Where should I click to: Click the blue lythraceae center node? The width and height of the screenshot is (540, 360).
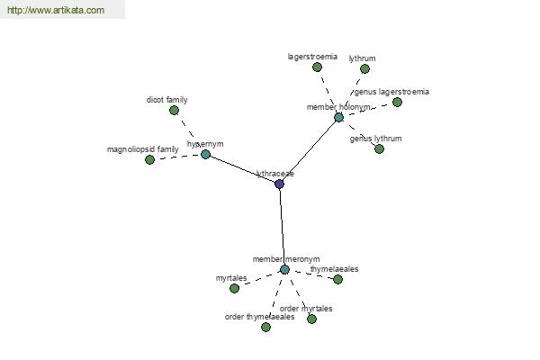click(279, 184)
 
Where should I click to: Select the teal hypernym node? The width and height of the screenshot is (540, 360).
click(205, 154)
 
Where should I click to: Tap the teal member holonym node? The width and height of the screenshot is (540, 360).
click(339, 118)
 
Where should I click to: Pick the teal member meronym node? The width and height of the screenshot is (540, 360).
click(284, 269)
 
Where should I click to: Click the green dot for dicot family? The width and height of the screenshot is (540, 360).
click(175, 110)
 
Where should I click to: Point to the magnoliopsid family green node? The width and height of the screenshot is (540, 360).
click(149, 159)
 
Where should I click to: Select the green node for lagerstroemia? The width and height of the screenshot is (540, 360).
click(317, 67)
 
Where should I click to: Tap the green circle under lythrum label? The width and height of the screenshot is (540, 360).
click(364, 69)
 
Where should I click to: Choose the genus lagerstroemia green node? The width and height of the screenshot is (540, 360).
click(397, 102)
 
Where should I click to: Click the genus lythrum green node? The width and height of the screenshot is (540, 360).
click(379, 148)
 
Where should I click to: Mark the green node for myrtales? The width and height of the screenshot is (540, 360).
click(234, 288)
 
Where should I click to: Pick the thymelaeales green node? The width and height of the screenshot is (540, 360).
click(337, 279)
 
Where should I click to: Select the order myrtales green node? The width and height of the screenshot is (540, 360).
click(311, 319)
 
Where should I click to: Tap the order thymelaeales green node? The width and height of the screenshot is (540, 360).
click(265, 327)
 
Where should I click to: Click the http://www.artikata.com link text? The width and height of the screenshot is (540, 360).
click(56, 10)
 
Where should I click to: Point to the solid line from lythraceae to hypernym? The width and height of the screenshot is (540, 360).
click(242, 169)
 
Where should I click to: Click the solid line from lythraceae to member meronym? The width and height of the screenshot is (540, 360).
click(282, 227)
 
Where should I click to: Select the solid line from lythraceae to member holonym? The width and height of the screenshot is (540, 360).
click(309, 151)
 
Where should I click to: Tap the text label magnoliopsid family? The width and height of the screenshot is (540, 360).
click(142, 149)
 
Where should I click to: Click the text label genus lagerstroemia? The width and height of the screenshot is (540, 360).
click(391, 92)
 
